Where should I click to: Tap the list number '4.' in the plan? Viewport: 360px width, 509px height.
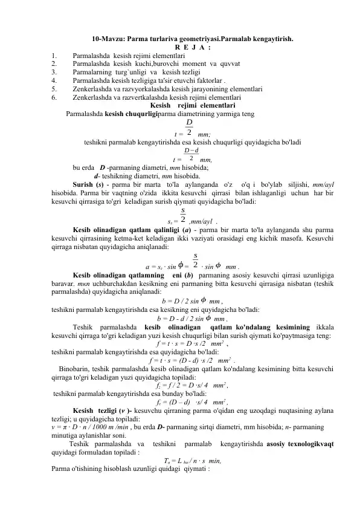(55, 79)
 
